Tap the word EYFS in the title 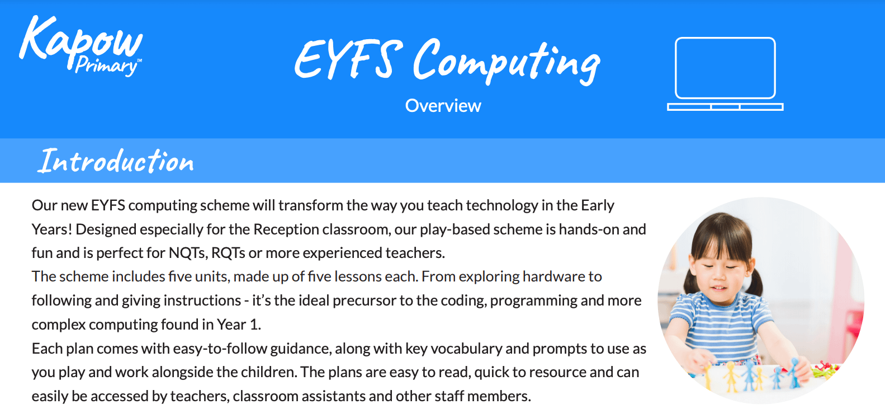(348, 59)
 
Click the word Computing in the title (506, 62)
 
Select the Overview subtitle (443, 106)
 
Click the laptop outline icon (725, 73)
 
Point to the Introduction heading (116, 161)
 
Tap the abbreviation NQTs (187, 253)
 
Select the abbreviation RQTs (228, 253)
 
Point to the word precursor (363, 300)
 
